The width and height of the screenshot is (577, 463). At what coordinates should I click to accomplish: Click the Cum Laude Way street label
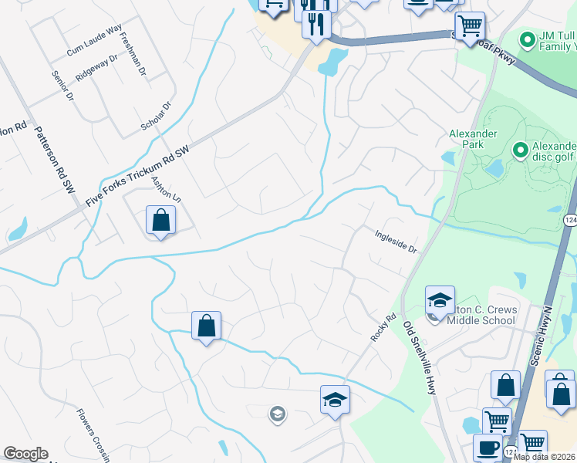coord(94,40)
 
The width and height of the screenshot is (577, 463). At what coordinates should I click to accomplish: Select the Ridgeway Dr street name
coord(96,69)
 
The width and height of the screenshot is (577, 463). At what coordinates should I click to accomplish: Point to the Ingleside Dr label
coord(396,240)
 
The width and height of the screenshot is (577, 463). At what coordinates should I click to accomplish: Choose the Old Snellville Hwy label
coord(419,360)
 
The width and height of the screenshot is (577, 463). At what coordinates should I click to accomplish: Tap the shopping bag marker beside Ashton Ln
coord(160,220)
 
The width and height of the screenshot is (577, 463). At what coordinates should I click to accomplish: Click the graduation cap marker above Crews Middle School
coord(440,300)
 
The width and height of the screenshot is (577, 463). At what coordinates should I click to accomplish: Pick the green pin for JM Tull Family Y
coord(528,39)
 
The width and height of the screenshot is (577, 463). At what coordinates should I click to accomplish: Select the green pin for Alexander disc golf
coord(520,150)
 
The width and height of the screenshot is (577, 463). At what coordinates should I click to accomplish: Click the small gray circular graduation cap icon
coord(276,415)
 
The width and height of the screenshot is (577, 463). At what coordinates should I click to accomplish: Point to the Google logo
coord(25,454)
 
